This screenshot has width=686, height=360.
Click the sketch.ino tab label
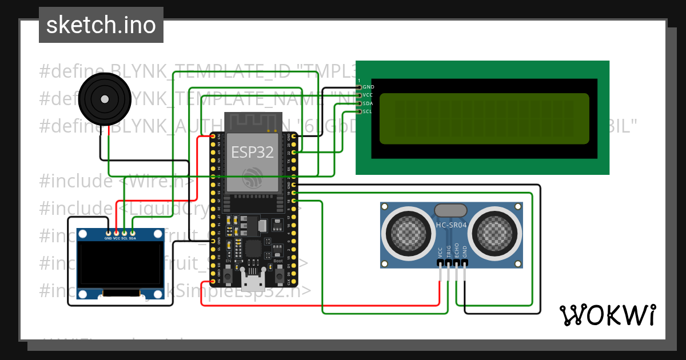click(x=101, y=25)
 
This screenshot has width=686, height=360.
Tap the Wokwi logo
click(x=607, y=315)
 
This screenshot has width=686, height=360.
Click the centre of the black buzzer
click(x=104, y=99)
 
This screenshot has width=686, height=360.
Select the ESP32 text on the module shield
click(x=252, y=152)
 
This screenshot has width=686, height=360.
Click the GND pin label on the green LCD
click(x=368, y=87)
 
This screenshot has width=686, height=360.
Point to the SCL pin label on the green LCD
click(x=367, y=111)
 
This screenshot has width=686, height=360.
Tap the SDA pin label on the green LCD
click(x=368, y=103)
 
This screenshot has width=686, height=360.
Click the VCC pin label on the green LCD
click(x=368, y=95)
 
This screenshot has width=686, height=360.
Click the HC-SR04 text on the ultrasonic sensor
click(x=451, y=225)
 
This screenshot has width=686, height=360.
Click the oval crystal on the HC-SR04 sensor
click(x=451, y=210)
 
